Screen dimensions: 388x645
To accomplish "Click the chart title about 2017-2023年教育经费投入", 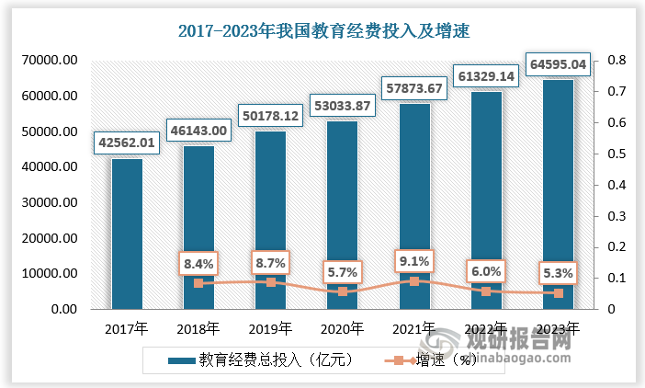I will click(322, 31).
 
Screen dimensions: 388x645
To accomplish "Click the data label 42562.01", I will click(128, 143).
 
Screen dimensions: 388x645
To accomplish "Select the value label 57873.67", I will click(413, 88).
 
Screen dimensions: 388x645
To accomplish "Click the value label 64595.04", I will click(558, 63).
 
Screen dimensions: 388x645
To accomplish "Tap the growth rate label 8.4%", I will click(198, 264).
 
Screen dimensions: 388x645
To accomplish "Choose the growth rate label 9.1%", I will click(413, 261).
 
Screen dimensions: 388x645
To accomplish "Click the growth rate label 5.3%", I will click(558, 273).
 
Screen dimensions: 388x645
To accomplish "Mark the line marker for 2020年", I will click(343, 291).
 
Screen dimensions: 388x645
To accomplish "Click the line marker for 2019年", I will click(270, 282).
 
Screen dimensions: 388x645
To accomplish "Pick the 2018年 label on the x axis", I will click(198, 327).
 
